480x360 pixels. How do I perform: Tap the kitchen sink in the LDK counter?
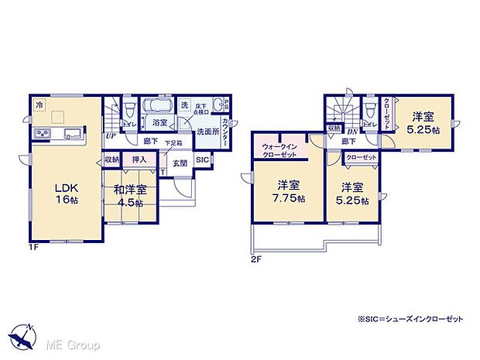[x=68, y=131]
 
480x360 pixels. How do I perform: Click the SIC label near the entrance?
[x=201, y=160]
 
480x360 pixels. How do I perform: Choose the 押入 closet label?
[x=139, y=159]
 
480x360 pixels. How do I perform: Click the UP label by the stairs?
[x=111, y=136]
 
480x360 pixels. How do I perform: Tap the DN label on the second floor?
[x=351, y=132]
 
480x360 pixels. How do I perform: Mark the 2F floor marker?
[x=255, y=259]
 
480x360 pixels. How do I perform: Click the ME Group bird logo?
[x=22, y=338]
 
